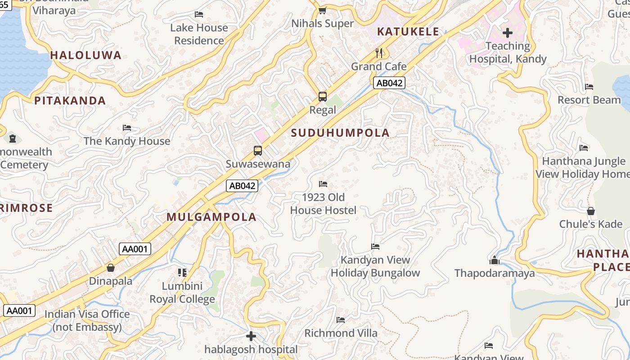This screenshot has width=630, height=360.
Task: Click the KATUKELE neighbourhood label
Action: [408, 31]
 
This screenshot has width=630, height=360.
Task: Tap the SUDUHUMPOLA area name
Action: [340, 133]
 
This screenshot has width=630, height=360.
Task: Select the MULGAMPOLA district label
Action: [211, 217]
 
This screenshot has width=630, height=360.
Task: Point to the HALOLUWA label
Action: [86, 55]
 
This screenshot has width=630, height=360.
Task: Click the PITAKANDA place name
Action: [70, 100]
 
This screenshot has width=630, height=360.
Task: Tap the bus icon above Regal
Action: [323, 96]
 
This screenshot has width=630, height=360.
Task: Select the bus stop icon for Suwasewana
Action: [258, 151]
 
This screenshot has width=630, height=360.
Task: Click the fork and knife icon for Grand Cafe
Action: [379, 53]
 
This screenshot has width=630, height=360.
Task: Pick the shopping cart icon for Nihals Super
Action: [322, 10]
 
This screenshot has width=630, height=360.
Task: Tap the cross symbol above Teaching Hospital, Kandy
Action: [508, 32]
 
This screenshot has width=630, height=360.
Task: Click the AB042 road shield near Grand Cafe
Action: [389, 83]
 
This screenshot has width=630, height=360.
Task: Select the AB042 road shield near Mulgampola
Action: [242, 185]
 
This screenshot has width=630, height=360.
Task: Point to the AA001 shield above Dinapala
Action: [135, 249]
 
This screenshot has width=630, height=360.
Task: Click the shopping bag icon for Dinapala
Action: [111, 268]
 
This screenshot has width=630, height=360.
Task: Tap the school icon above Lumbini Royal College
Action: [182, 273]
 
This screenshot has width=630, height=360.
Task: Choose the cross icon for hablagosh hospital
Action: [251, 336]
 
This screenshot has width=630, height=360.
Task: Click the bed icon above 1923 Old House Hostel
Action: [323, 184]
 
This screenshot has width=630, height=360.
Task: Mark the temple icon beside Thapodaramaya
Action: [495, 260]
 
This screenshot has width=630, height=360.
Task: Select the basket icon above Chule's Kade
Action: [591, 211]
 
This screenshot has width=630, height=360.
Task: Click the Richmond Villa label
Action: [341, 333]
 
